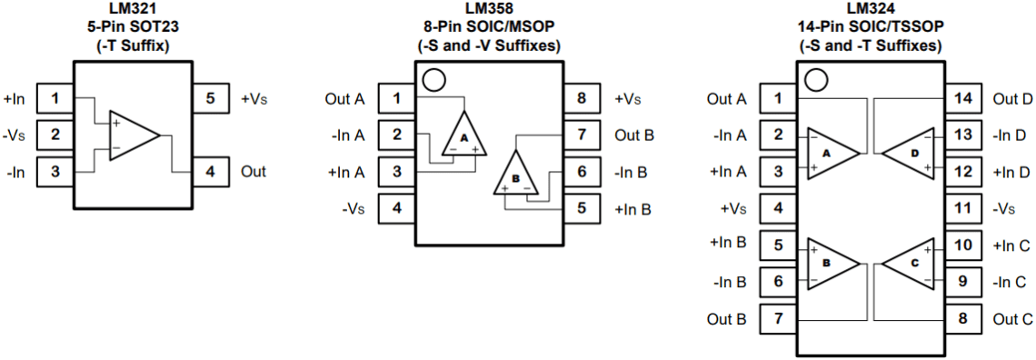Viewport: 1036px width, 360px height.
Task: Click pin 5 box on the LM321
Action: click(210, 98)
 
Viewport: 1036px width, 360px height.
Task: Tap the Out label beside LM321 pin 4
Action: click(254, 171)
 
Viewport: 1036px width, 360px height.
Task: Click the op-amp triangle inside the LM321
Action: click(133, 135)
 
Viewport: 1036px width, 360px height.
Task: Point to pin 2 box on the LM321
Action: click(55, 135)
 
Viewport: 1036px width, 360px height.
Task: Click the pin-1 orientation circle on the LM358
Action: click(434, 80)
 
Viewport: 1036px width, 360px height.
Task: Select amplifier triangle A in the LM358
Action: click(463, 136)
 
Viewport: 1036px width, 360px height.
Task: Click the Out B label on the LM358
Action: click(634, 135)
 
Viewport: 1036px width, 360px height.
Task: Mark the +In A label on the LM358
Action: click(345, 172)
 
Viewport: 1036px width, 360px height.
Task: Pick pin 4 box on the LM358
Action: click(396, 208)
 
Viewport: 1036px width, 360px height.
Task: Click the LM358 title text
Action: click(488, 8)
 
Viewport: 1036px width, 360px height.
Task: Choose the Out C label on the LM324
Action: click(1012, 319)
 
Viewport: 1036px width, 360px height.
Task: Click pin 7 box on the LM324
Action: click(778, 319)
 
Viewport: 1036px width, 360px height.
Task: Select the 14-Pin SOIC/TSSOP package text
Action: click(870, 26)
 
